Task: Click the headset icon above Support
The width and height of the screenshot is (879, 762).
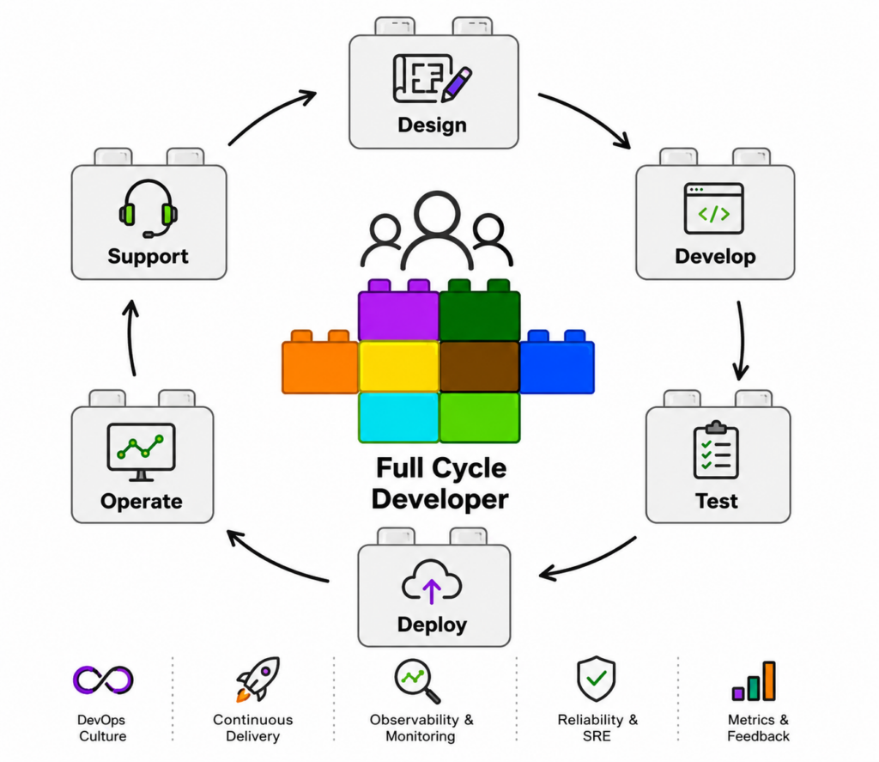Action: point(148,209)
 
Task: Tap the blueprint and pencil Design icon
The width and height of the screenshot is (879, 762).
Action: point(433,78)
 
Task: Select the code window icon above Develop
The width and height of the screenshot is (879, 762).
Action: point(713,208)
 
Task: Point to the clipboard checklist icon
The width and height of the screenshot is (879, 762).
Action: point(716,450)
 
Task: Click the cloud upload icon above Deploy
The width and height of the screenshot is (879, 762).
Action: point(432,582)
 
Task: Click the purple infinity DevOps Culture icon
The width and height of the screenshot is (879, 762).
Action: point(103,680)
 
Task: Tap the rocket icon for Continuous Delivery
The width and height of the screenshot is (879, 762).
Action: point(258,679)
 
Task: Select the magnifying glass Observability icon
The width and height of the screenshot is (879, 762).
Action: point(417,680)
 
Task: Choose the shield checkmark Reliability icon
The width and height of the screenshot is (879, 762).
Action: point(596,679)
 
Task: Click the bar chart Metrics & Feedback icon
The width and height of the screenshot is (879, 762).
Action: point(754,681)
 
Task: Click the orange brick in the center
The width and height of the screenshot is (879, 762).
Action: point(319,362)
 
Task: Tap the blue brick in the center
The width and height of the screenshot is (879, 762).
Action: point(557,362)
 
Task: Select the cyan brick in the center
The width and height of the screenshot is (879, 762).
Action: point(398,418)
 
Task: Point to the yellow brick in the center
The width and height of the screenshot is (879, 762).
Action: point(398,367)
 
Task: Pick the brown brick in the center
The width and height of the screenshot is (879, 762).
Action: point(479,367)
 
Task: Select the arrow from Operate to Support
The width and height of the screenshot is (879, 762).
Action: point(130,338)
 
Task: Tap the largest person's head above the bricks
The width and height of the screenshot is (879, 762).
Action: point(437,214)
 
